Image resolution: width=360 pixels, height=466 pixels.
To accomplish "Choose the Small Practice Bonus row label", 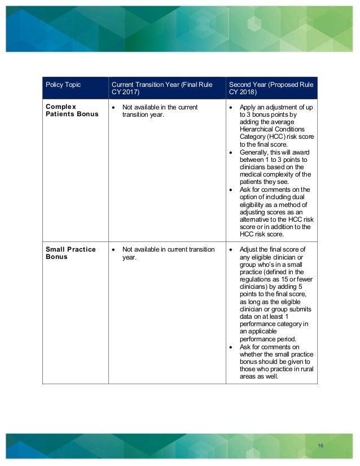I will click(70, 253).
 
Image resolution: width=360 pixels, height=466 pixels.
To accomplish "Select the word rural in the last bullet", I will click(305, 369).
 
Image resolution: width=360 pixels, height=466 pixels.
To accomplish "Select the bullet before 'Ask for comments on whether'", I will click(231, 347).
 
